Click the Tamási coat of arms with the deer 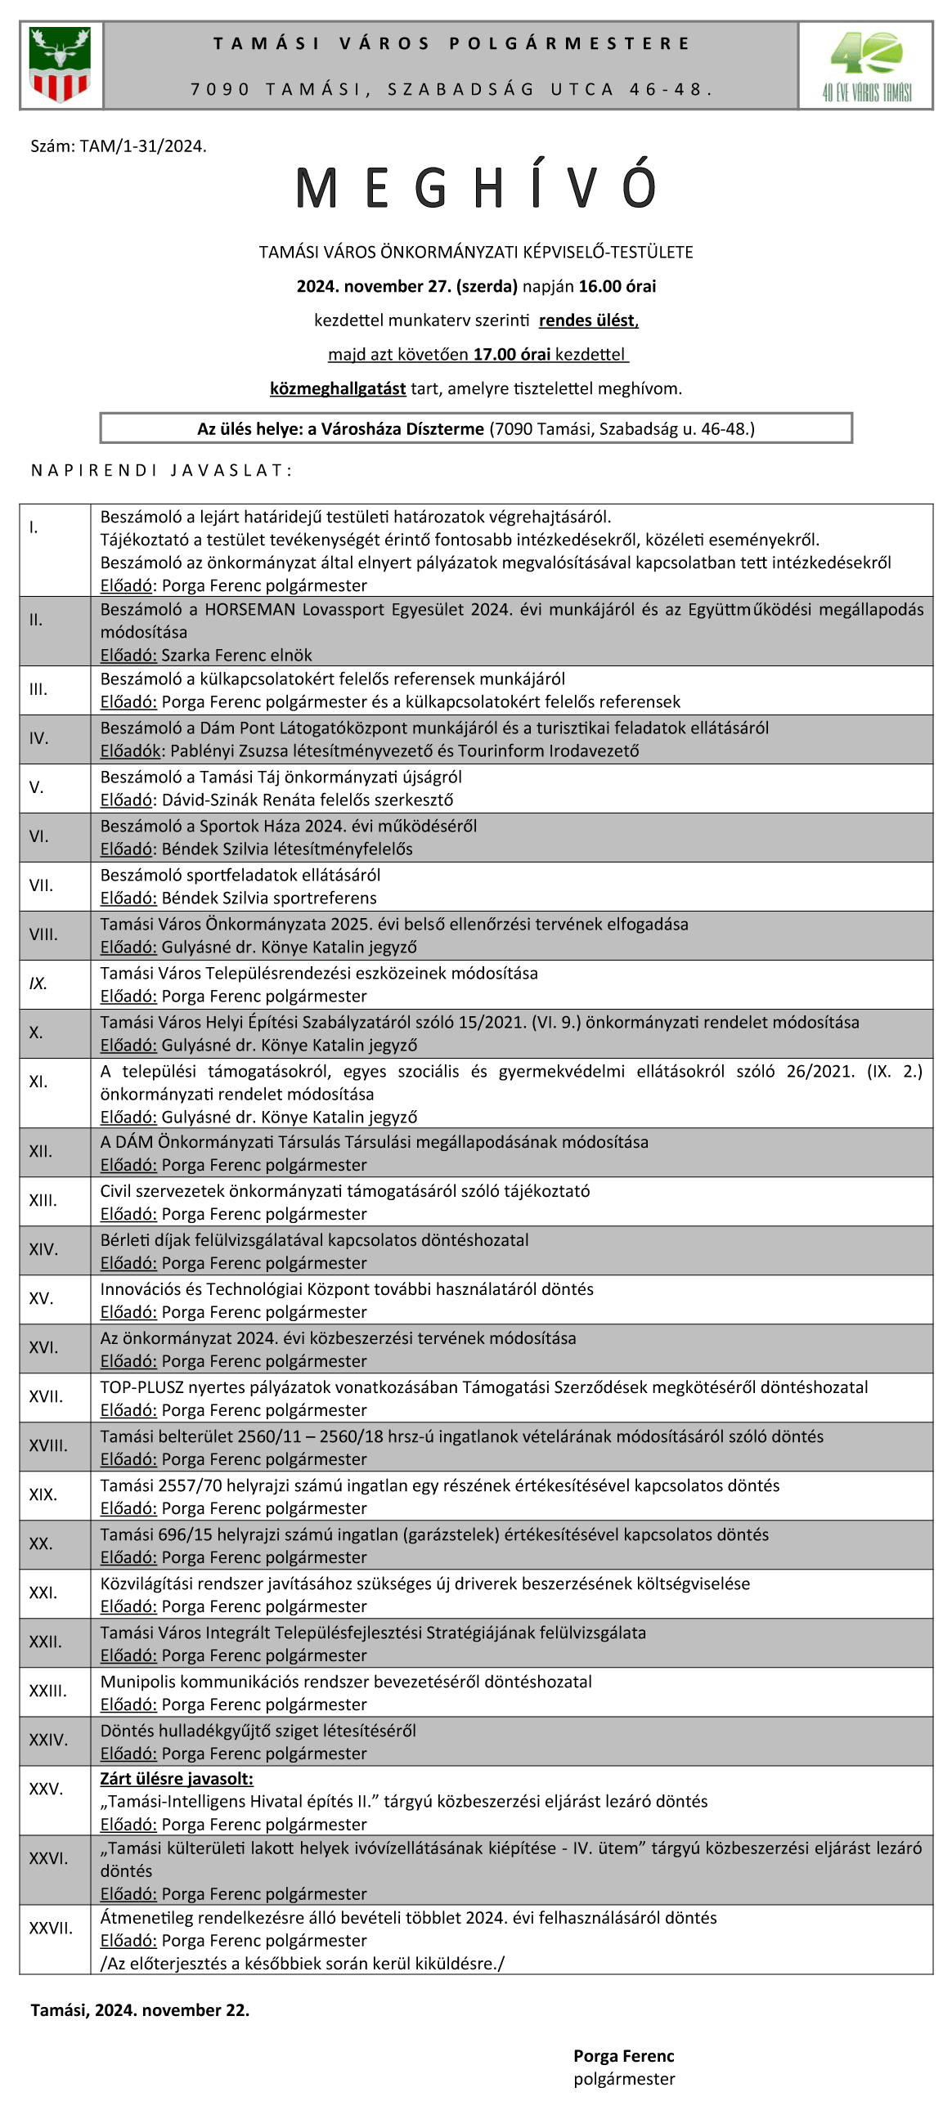(60, 64)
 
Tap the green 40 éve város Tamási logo (866, 65)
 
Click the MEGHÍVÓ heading (476, 187)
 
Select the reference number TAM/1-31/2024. (142, 146)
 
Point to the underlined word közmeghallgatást (338, 388)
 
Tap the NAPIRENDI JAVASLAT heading (161, 470)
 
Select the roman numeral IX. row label (38, 983)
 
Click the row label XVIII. (48, 1445)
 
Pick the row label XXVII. (51, 1928)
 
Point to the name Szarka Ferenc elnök (236, 656)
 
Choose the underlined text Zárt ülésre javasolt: (177, 1778)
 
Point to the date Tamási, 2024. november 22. (140, 2010)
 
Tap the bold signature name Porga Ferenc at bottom (623, 2055)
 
